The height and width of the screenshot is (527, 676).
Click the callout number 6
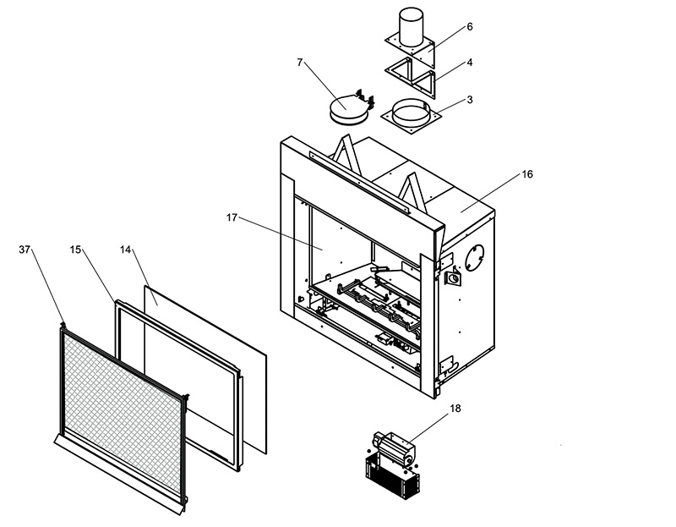coord(470,27)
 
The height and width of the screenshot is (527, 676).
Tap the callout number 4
coord(470,63)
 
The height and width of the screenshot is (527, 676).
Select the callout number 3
coord(470,100)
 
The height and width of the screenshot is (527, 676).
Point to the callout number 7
coord(300,63)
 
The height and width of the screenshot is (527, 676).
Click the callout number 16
coord(527,174)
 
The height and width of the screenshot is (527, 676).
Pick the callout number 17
coord(232,218)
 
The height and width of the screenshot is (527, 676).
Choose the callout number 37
coord(25,250)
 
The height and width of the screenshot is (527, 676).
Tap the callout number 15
coord(75,250)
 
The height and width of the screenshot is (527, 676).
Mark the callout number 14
coord(125,250)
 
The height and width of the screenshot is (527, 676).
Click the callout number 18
coord(455,409)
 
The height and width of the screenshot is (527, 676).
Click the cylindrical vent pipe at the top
coord(412,26)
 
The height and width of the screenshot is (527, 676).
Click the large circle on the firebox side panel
coord(474,258)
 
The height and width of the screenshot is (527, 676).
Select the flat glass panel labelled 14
coord(205,369)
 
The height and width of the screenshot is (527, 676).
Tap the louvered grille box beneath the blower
coord(392,478)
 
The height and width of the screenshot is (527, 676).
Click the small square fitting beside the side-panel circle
coord(453,278)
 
